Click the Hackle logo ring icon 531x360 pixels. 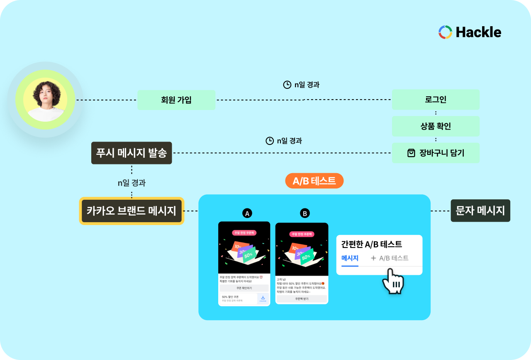(x=445, y=32)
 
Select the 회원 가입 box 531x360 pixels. (x=176, y=100)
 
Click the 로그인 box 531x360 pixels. (x=436, y=100)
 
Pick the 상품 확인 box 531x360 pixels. (x=436, y=126)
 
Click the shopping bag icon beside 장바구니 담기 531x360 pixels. (x=411, y=153)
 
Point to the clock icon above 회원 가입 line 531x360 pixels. (x=287, y=85)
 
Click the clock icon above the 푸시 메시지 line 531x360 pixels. (x=270, y=141)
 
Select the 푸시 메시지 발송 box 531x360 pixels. (x=132, y=153)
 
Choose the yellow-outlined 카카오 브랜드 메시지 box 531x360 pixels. (x=132, y=211)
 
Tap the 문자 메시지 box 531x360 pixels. (x=480, y=211)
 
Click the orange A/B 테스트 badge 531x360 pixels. (x=314, y=181)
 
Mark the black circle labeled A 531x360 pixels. (x=247, y=213)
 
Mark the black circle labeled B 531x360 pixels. (x=305, y=213)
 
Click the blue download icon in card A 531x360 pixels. (x=263, y=298)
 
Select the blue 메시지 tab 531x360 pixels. (x=350, y=258)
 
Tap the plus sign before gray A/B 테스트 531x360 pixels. (x=373, y=258)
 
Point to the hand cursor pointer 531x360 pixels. (x=392, y=282)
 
